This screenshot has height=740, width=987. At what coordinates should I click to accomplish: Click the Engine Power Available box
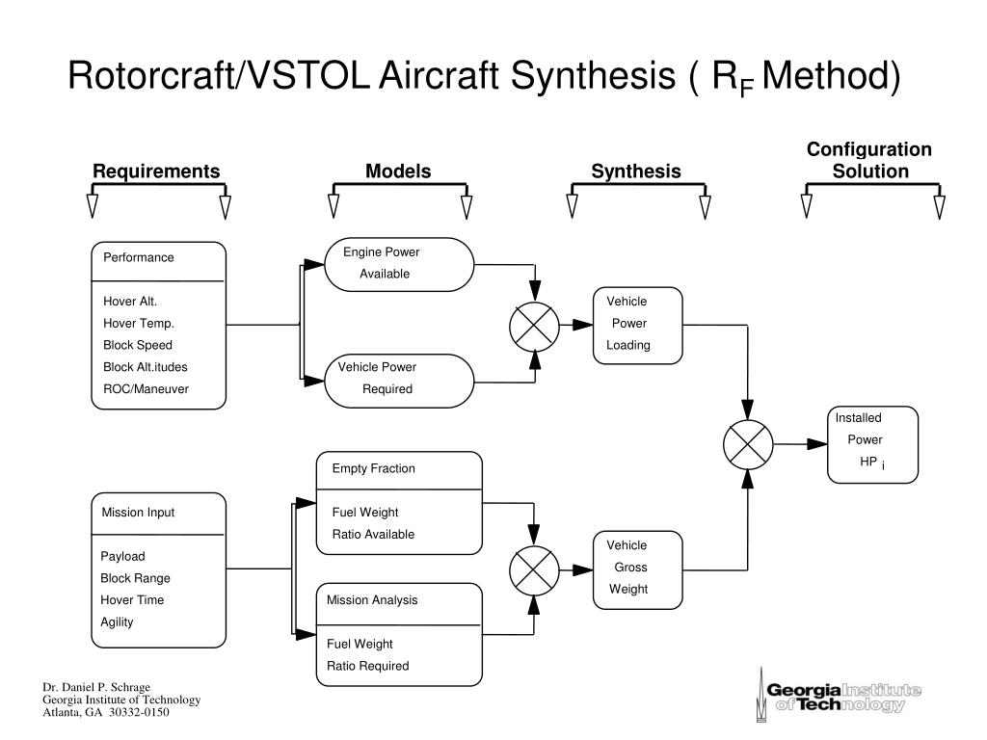click(x=399, y=264)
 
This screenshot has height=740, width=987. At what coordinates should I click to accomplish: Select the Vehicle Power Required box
click(x=399, y=381)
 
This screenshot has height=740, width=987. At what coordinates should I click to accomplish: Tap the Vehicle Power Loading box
click(x=638, y=326)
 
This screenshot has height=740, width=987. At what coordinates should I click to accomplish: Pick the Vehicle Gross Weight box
click(x=638, y=570)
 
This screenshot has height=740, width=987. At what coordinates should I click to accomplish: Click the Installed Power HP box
click(x=872, y=445)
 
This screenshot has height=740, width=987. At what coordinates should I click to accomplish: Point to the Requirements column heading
click(x=156, y=172)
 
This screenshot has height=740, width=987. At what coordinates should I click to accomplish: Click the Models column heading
click(x=398, y=172)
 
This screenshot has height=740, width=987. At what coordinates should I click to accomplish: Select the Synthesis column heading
click(x=636, y=172)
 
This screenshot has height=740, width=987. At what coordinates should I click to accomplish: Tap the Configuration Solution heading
click(x=870, y=160)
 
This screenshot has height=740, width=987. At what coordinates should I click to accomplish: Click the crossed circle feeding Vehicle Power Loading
click(x=534, y=326)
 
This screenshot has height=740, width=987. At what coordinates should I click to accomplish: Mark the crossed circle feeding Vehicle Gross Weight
click(x=534, y=570)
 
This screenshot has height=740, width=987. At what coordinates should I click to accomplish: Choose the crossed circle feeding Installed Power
click(x=748, y=444)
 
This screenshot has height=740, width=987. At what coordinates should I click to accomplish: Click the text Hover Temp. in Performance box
click(x=139, y=324)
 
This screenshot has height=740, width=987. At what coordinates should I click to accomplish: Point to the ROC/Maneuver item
click(x=147, y=389)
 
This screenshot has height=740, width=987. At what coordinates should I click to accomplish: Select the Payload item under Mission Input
click(x=122, y=556)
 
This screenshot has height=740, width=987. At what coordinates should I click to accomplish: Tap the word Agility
click(x=117, y=622)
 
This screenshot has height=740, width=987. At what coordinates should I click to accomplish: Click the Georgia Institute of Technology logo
click(x=839, y=696)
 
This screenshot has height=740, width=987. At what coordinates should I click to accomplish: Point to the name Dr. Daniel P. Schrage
click(x=96, y=687)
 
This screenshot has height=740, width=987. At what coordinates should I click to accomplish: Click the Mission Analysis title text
click(x=372, y=600)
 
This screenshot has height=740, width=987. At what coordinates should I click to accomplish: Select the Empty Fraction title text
click(x=374, y=469)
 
